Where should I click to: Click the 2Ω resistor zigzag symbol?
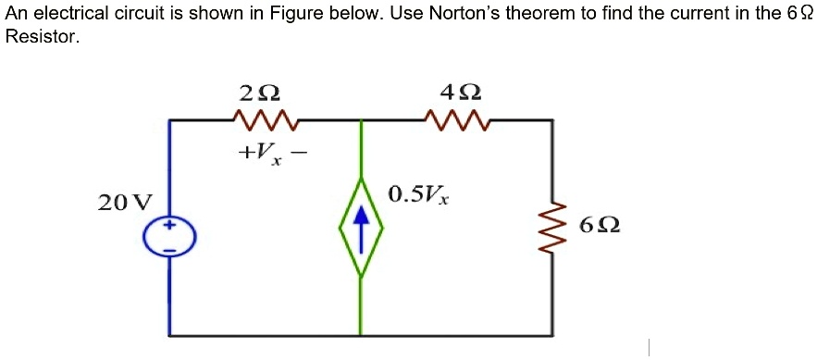tap(262, 119)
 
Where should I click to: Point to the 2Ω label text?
tap(259, 93)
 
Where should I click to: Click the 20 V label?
tap(125, 203)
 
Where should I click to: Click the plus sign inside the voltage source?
tap(170, 225)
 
